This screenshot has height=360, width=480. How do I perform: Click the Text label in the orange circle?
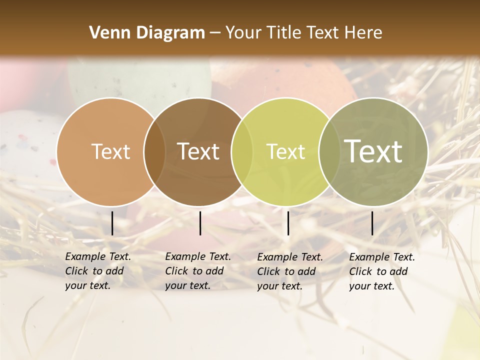point(110,151)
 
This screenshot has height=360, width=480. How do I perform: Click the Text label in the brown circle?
point(198,151)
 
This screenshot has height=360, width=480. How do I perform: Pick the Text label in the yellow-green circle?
point(285,151)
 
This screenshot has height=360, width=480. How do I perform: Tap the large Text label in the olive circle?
point(373,151)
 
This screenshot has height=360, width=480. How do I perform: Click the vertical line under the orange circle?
point(112,223)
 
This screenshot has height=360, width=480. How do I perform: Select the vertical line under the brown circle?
point(200,223)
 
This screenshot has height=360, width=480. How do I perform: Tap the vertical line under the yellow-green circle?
point(288,223)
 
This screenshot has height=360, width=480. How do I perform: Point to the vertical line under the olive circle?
point(372,223)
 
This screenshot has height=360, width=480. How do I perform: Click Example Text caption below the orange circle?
point(97,271)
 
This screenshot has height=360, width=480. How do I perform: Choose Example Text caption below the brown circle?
point(197,271)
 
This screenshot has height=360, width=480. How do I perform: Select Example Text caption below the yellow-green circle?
point(289,271)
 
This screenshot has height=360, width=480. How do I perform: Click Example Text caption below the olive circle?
point(381,271)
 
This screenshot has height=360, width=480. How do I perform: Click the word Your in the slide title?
point(243,33)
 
